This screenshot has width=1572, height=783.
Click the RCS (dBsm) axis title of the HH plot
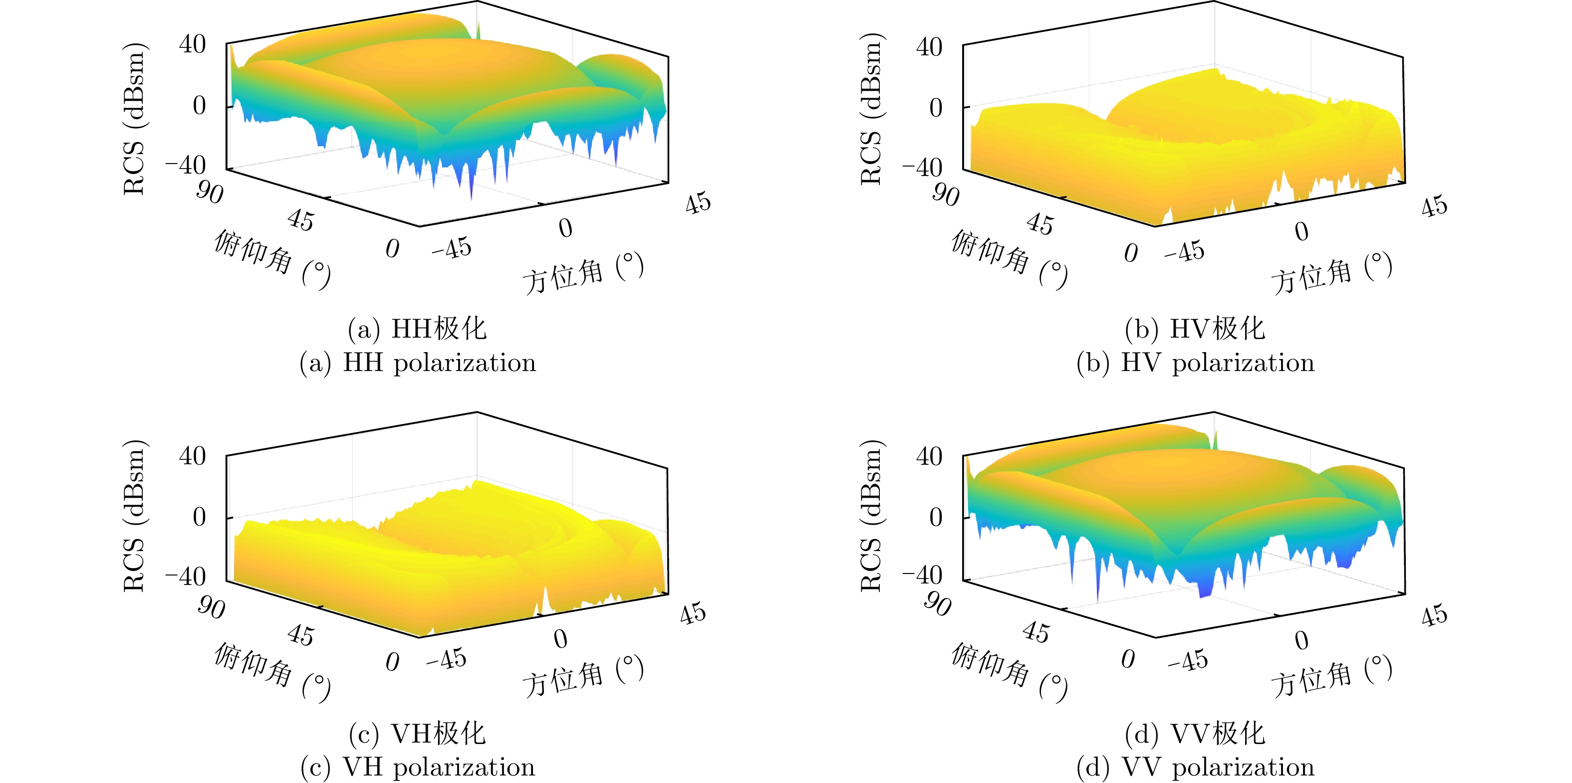134,119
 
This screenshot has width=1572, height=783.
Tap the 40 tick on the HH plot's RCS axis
192,44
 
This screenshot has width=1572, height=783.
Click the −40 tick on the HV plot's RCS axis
923,167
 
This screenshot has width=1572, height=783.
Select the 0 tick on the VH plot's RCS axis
199,517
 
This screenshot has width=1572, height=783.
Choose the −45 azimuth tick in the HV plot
1184,251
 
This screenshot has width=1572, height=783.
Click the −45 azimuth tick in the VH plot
447,659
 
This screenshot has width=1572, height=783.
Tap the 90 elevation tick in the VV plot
937,604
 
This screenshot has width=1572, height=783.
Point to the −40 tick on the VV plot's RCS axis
923,575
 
